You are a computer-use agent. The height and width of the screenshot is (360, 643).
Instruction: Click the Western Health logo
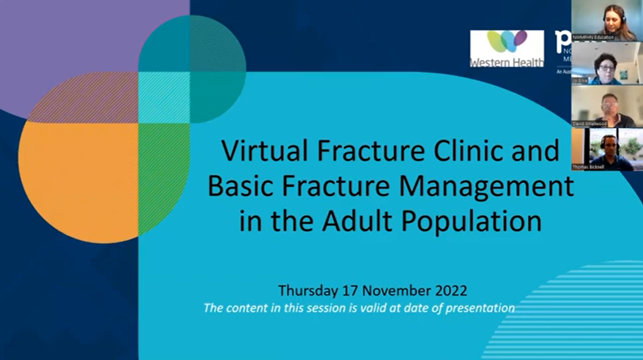point(506,49)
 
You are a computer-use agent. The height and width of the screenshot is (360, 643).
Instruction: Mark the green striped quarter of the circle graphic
point(163,176)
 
